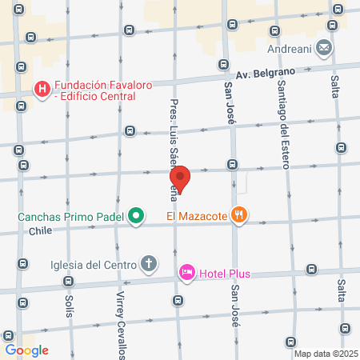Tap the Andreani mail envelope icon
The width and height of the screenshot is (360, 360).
click(324, 48)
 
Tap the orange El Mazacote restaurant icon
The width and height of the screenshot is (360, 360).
click(260, 214)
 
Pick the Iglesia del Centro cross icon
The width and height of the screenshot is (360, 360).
click(149, 263)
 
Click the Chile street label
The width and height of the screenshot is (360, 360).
click(40, 231)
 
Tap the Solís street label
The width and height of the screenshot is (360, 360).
click(68, 306)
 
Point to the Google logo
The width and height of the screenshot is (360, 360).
click(26, 350)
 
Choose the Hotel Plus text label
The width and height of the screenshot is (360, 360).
click(225, 274)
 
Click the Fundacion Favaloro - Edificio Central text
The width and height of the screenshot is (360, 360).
click(94, 94)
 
